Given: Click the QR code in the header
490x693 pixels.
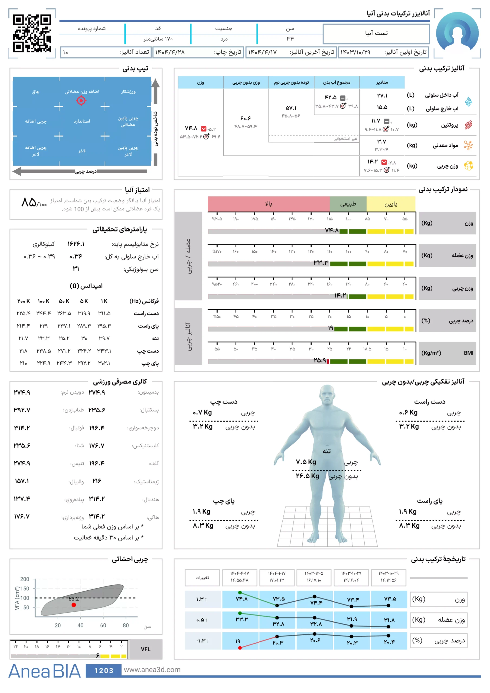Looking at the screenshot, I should click(32, 33).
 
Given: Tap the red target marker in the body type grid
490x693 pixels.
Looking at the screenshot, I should click(81, 100).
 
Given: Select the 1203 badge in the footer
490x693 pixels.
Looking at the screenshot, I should click(104, 670).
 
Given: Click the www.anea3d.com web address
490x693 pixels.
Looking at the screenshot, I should click(152, 669).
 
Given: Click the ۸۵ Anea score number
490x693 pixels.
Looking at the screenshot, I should click(29, 202).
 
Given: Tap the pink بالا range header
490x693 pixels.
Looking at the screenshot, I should click(268, 204).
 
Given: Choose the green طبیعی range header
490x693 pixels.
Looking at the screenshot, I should click(348, 204).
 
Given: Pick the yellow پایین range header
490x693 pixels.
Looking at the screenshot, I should click(391, 204).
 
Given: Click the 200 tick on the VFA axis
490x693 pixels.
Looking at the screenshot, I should click(25, 579).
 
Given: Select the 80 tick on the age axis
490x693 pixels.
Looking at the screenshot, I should click(126, 625).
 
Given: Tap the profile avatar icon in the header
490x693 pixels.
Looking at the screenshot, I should click(457, 33).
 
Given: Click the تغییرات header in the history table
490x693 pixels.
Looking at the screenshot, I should click(202, 578).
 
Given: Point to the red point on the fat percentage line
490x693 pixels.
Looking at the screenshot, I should click(240, 648).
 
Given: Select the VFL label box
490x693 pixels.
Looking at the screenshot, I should click(146, 649).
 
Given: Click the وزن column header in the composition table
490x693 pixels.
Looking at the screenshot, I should click(201, 82).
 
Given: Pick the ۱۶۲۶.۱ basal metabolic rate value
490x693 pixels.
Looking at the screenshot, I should click(76, 244).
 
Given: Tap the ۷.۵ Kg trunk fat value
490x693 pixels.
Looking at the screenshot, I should click(306, 462).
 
